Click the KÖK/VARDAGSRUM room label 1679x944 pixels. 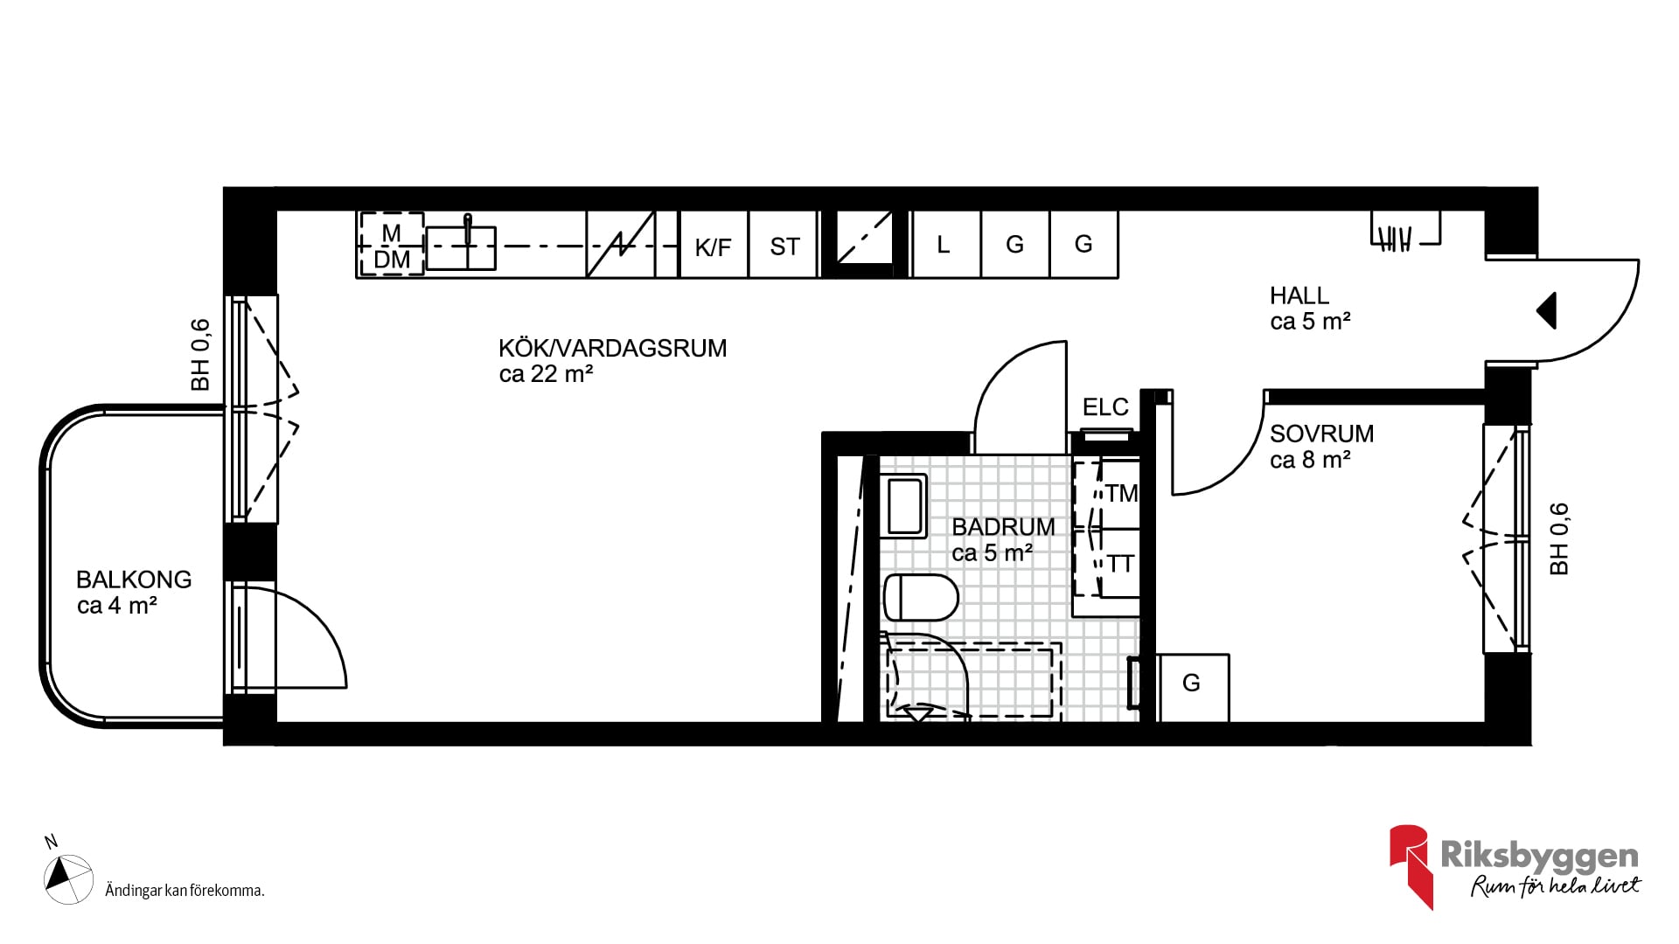click(612, 348)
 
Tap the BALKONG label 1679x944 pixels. click(134, 580)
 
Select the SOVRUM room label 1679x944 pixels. click(1321, 434)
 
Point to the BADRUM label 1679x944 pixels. click(1003, 527)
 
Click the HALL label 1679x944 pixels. click(1299, 295)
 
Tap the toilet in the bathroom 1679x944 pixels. click(921, 597)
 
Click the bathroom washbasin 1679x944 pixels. click(904, 505)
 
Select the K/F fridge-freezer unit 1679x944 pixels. click(714, 245)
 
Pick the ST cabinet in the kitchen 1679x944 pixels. click(784, 245)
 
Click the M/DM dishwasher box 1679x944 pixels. click(391, 245)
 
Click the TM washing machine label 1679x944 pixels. click(1121, 494)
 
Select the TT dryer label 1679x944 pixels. click(1121, 565)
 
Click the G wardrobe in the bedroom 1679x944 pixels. click(1193, 688)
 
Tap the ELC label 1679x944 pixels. click(1105, 407)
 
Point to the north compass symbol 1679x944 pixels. click(68, 879)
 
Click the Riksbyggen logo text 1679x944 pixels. click(1539, 856)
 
